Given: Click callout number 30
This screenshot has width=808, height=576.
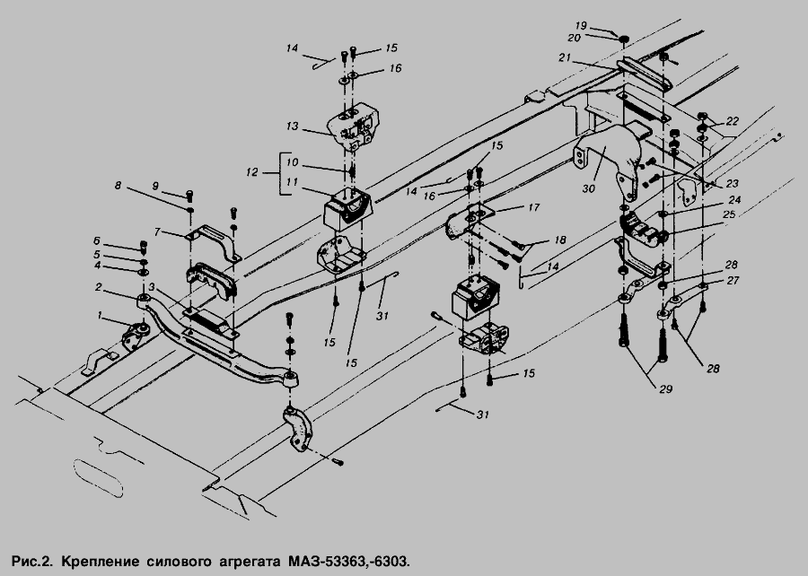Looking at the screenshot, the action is point(588,189).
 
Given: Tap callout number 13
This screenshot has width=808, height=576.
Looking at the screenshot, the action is point(292,127).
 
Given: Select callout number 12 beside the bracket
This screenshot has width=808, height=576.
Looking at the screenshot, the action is point(251,172).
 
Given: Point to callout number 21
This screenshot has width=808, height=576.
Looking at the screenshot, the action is point(565,58).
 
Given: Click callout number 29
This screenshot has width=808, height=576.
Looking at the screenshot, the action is point(666,389).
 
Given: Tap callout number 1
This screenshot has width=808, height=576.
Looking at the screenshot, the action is point(101,315).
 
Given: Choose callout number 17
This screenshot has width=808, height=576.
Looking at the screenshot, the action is point(533,207).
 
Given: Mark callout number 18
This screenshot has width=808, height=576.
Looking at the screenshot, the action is point(560,240).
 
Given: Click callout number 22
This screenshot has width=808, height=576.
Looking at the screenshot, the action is point(733,121).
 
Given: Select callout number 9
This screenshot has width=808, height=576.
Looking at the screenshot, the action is point(155,187).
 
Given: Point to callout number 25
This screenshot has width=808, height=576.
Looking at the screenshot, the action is point(729,214).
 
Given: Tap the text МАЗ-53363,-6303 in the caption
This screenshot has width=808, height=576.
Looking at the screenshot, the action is point(346,561).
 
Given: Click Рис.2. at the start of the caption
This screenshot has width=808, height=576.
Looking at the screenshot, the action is point(32,561).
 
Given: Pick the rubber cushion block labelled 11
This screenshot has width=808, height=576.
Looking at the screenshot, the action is point(347,207).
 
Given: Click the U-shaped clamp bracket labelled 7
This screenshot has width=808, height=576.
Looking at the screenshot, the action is point(212,241).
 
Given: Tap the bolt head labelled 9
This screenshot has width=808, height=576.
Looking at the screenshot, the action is point(189,195).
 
